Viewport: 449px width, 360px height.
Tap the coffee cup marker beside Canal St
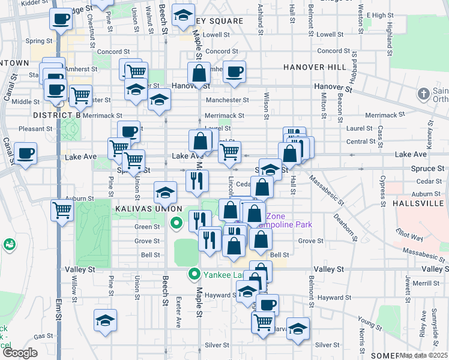tap(25, 154)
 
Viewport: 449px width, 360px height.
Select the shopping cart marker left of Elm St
tap(62, 210)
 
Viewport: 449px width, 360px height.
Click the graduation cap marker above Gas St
tap(106, 320)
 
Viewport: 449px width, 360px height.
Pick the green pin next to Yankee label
tap(194, 275)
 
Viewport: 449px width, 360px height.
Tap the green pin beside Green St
tap(176, 225)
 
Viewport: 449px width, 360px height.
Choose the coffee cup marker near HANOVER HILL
tap(234, 71)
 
